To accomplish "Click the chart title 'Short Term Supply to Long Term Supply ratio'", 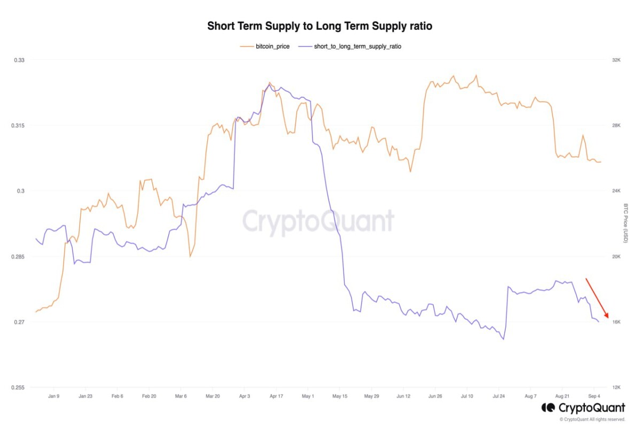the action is pyautogui.click(x=319, y=26).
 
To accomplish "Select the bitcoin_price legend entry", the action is pyautogui.click(x=265, y=47).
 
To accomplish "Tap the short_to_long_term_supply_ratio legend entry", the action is pyautogui.click(x=350, y=47).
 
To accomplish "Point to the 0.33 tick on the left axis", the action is pyautogui.click(x=19, y=60).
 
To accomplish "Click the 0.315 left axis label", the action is pyautogui.click(x=18, y=126).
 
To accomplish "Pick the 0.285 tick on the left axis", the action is pyautogui.click(x=18, y=257).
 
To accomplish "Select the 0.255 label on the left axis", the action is pyautogui.click(x=18, y=388).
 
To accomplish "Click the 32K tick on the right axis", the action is pyautogui.click(x=616, y=60).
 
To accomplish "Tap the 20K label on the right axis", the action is pyautogui.click(x=616, y=257).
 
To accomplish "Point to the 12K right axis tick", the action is pyautogui.click(x=616, y=388).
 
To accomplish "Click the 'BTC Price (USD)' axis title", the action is pyautogui.click(x=626, y=224).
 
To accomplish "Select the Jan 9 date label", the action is pyautogui.click(x=54, y=396).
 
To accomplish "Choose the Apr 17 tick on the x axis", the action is pyautogui.click(x=276, y=396).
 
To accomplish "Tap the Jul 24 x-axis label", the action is pyautogui.click(x=498, y=396).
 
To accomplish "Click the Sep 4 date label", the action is pyautogui.click(x=594, y=396).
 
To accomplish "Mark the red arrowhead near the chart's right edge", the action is pyautogui.click(x=607, y=315).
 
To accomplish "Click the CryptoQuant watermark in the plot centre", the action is pyautogui.click(x=318, y=222).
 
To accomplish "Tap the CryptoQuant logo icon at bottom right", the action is pyautogui.click(x=548, y=407).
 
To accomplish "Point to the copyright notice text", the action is pyautogui.click(x=592, y=420).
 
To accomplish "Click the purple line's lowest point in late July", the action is pyautogui.click(x=503, y=340).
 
